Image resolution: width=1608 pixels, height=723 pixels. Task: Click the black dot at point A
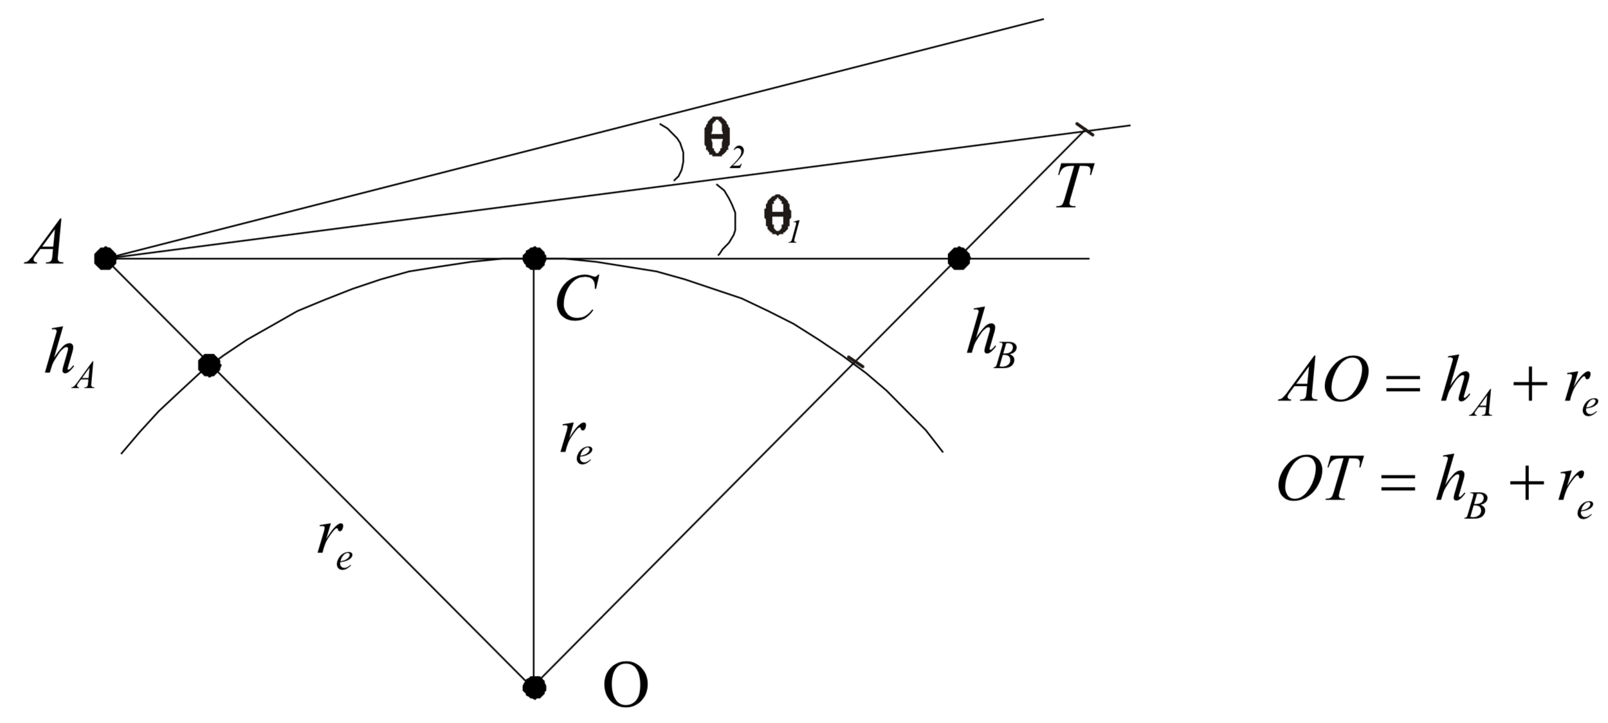[105, 259]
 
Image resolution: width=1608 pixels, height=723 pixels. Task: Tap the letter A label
[44, 247]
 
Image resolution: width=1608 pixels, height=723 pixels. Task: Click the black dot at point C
[534, 259]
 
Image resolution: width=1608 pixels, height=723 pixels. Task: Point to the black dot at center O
[534, 688]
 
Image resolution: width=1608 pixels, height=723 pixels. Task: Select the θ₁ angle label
[781, 220]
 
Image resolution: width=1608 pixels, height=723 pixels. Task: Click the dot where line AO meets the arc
[209, 365]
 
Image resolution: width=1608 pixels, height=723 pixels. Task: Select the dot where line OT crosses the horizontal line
[959, 259]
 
